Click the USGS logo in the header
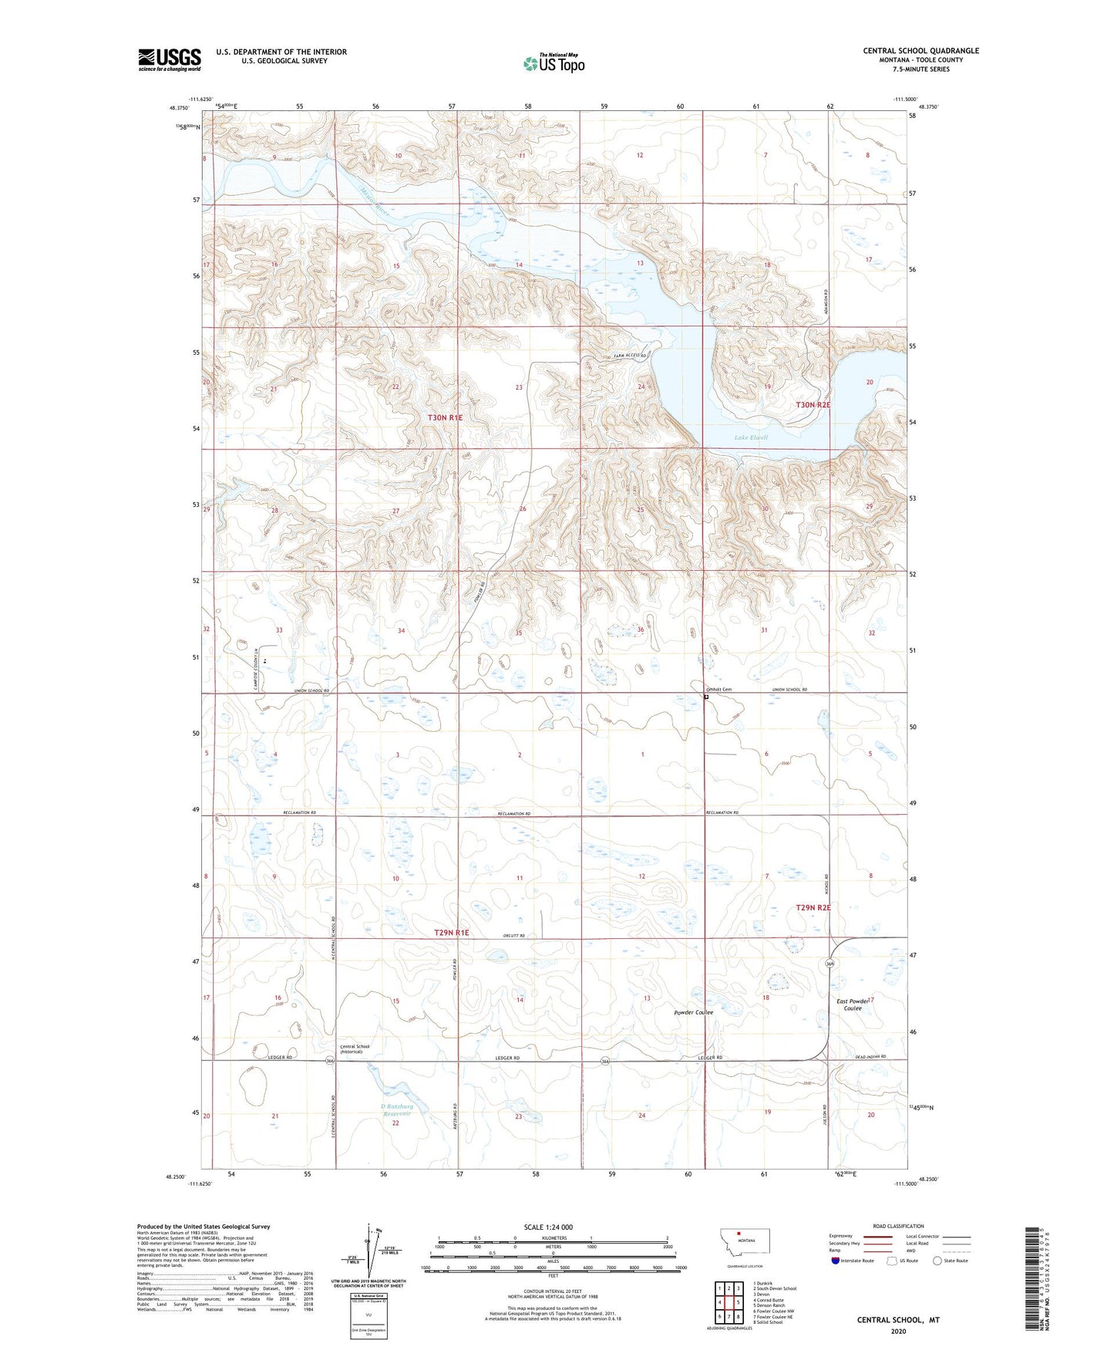click(169, 59)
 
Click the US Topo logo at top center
click(554, 62)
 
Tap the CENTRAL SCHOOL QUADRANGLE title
click(920, 51)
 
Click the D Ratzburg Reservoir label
click(395, 1109)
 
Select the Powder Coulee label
click(693, 1012)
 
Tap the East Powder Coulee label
click(853, 1004)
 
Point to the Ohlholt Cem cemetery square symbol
click(706, 697)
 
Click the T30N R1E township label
click(446, 417)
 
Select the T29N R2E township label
click(813, 908)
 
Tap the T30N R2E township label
click(813, 404)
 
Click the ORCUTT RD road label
click(512, 935)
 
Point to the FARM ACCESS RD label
click(624, 356)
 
